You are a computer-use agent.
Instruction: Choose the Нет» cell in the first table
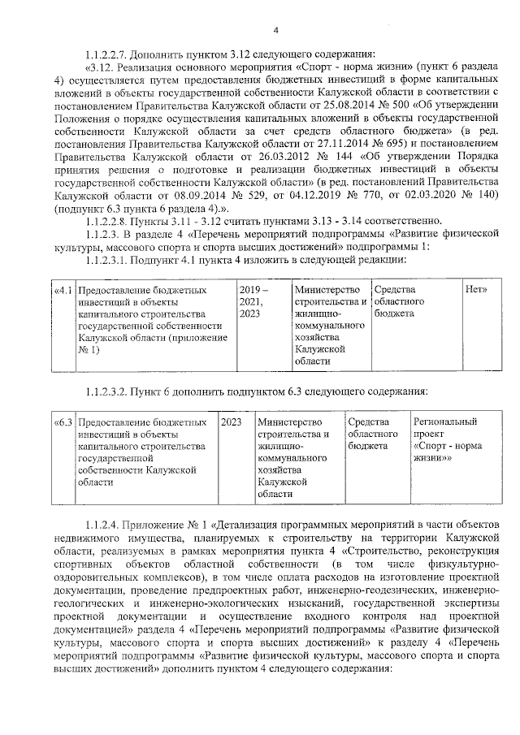tap(475, 290)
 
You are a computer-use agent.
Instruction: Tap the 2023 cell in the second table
tap(232, 423)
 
